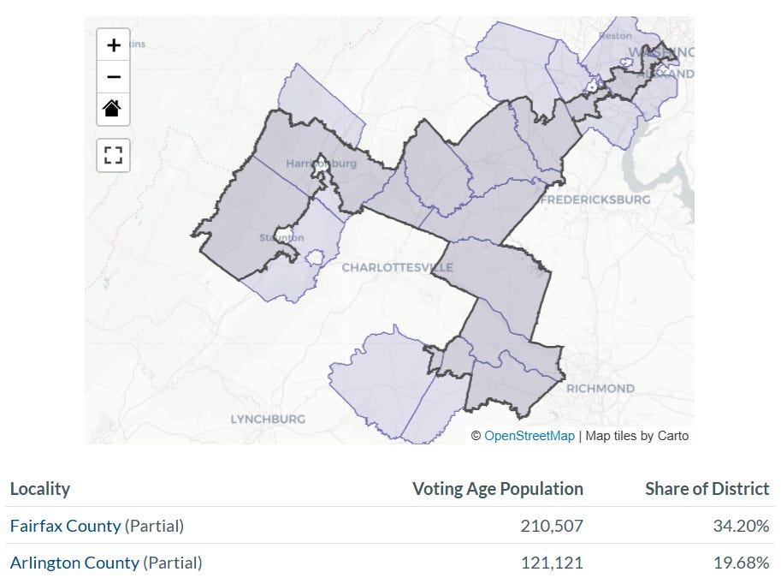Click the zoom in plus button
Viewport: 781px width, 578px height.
coord(113,45)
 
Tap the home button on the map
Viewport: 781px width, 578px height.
coord(113,109)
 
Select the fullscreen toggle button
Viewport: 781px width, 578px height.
coord(113,155)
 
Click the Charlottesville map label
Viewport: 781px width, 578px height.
coord(397,267)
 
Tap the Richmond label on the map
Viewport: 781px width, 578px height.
coord(601,388)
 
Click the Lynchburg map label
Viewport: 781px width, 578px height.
coord(268,419)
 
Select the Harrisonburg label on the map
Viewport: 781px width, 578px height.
coord(321,163)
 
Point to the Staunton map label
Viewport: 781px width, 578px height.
coord(282,237)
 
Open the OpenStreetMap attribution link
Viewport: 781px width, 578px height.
coord(530,436)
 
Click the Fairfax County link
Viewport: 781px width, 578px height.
coord(65,526)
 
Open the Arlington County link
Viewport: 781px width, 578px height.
coord(74,563)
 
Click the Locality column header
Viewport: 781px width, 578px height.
coord(40,489)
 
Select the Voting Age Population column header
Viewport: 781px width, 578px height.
coord(498,489)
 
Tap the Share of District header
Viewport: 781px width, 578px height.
coord(707,489)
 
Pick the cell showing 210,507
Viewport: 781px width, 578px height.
coord(552,526)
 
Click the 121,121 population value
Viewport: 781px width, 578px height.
coord(552,563)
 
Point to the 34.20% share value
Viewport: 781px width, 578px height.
coord(741,526)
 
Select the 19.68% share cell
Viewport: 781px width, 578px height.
coord(741,563)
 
